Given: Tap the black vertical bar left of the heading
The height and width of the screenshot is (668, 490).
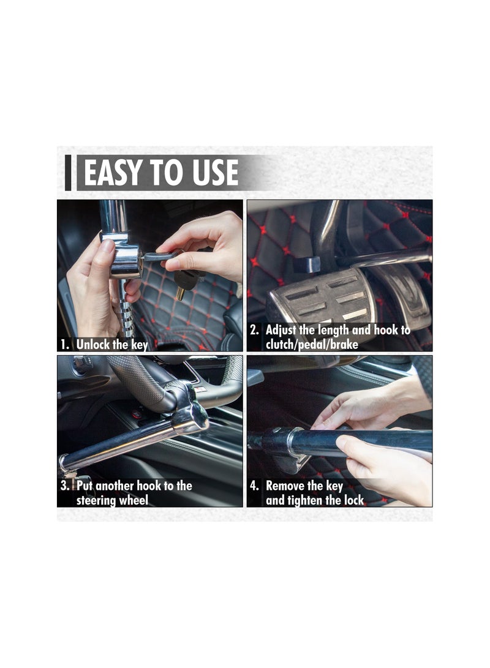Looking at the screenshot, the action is (x=68, y=173).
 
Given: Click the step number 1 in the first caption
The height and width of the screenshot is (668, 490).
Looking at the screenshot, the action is (x=64, y=345).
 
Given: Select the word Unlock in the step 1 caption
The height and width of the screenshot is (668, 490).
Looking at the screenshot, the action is (x=93, y=344).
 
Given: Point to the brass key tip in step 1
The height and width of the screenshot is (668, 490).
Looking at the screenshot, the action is (x=181, y=294).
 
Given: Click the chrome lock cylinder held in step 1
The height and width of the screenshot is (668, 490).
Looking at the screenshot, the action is (x=127, y=255).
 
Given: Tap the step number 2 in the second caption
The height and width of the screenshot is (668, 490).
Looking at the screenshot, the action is (x=254, y=330).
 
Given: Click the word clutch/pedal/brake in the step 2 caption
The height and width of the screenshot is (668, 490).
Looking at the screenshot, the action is (x=312, y=345).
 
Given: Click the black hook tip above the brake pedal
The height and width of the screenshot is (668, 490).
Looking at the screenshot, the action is (x=307, y=264).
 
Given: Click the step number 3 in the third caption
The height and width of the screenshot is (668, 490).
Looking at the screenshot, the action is (x=64, y=486).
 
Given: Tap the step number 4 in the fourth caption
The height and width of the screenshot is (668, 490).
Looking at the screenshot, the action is (x=254, y=486).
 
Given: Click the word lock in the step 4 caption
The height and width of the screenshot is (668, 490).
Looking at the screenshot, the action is (x=354, y=500).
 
